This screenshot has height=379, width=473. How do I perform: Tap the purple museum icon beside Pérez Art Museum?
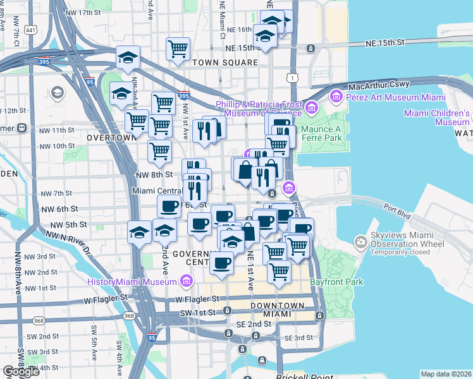tap(335, 97)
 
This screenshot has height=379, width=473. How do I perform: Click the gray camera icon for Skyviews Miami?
tap(360, 242)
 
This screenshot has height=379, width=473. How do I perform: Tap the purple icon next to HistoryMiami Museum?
tap(186, 280)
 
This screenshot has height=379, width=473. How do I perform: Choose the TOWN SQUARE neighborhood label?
tap(225, 63)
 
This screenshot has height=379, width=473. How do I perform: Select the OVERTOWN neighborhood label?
tap(112, 137)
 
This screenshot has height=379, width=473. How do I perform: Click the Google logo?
tap(21, 371)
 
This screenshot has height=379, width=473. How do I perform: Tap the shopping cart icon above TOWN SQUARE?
tap(178, 48)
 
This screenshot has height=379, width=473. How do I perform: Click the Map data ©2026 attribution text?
tap(445, 374)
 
